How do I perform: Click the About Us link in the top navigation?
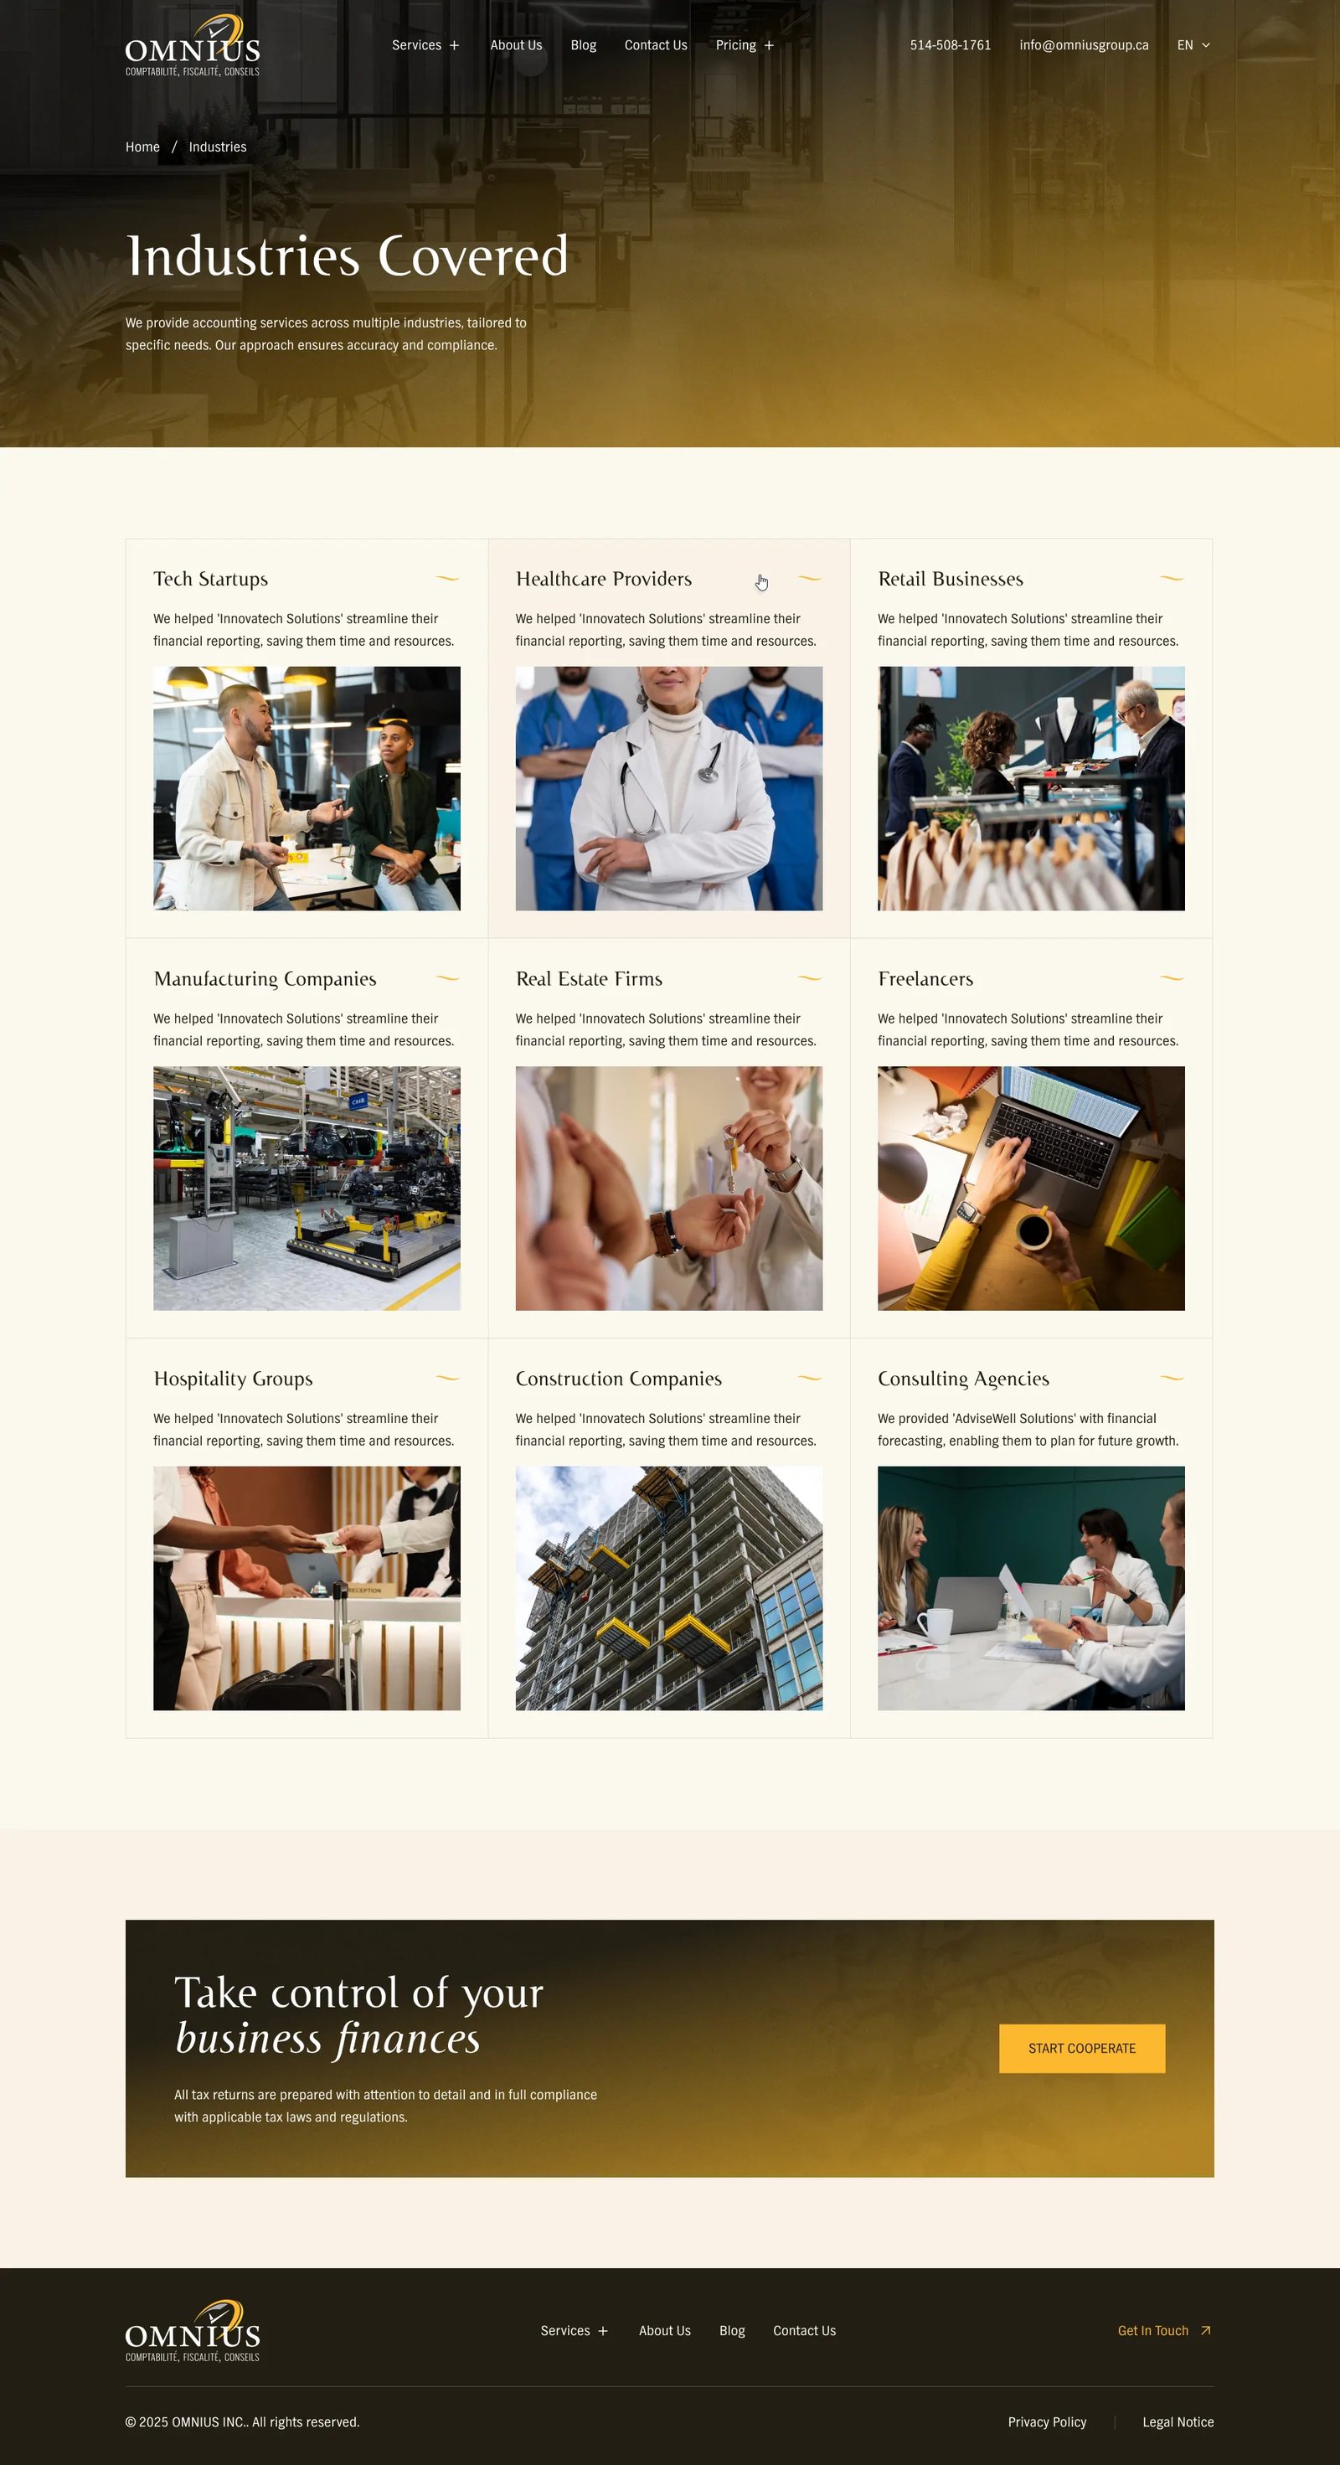(x=516, y=45)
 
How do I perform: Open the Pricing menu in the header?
(x=745, y=45)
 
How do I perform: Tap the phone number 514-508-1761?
(x=951, y=45)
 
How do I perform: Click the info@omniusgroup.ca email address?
(x=1084, y=45)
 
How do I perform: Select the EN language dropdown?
(x=1193, y=45)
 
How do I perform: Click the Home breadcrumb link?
(x=142, y=147)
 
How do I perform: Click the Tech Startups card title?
(x=210, y=579)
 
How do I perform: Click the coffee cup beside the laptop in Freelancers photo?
(x=1033, y=1229)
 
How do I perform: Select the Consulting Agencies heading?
(x=963, y=1379)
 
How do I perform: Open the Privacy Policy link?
(x=1047, y=2422)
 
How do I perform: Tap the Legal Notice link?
(x=1178, y=2422)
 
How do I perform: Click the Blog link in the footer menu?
(x=732, y=2330)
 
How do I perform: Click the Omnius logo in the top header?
(x=193, y=46)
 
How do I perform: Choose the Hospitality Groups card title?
(x=233, y=1379)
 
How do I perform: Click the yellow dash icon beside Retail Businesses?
(x=1172, y=578)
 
